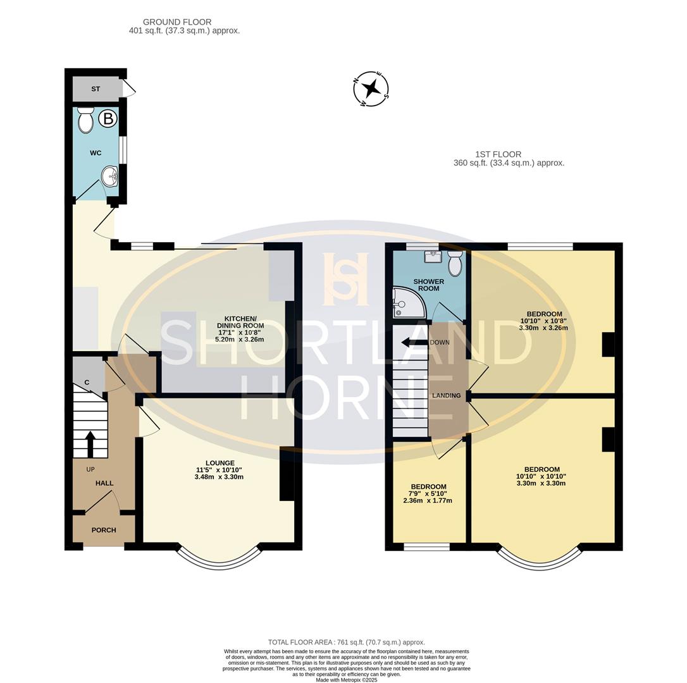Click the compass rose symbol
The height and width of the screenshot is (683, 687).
click(371, 89)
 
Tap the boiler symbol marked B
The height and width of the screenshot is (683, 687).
click(108, 119)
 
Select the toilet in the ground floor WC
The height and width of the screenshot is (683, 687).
click(85, 120)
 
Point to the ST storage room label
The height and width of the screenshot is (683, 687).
click(96, 89)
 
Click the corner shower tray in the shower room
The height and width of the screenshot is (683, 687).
click(409, 302)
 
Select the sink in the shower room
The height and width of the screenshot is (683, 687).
click(433, 256)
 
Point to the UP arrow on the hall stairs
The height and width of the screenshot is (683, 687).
click(90, 444)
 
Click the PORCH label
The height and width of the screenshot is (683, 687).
click(104, 530)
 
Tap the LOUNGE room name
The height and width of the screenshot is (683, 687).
click(220, 463)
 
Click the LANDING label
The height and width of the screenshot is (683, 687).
click(447, 395)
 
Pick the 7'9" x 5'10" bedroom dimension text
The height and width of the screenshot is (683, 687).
click(428, 494)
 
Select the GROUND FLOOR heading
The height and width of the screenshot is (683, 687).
click(177, 22)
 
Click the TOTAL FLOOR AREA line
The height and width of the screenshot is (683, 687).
click(347, 643)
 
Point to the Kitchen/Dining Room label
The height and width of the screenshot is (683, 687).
click(240, 322)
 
